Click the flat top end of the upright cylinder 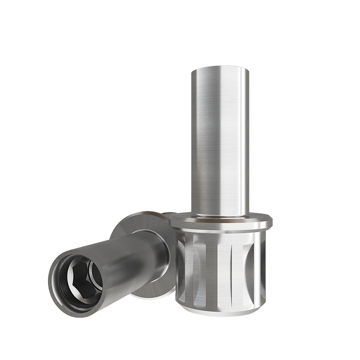tap(219, 68)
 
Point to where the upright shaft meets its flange tap(219, 214)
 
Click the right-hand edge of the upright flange tap(268, 223)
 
